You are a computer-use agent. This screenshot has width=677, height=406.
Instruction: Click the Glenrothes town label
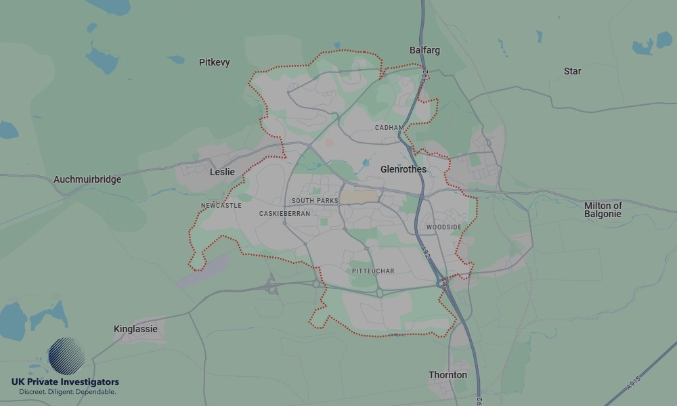(403, 169)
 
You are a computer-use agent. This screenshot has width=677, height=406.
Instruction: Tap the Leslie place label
(222, 172)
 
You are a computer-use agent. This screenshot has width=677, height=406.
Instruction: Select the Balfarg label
(424, 50)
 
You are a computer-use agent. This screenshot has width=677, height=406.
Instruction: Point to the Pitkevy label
(214, 62)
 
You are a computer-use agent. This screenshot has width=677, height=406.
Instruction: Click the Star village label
(572, 71)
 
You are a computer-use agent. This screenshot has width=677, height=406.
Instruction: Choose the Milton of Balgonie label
(603, 210)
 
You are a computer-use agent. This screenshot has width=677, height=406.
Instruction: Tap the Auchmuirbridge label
(87, 179)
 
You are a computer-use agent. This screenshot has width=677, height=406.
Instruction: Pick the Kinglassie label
(135, 329)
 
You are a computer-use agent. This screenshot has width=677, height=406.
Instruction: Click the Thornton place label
(447, 375)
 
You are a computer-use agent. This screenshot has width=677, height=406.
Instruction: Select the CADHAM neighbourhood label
(389, 127)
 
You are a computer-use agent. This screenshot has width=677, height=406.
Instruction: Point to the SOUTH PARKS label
(314, 201)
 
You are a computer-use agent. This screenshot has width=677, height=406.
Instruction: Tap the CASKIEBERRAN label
(284, 213)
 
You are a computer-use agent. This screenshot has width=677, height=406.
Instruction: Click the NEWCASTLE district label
(221, 205)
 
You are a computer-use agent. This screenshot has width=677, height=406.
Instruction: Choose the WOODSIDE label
(444, 227)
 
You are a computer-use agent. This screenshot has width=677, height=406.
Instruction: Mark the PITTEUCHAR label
(373, 271)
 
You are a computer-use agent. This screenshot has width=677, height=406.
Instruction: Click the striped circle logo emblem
(66, 356)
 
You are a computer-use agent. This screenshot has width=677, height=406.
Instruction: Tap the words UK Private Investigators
(65, 382)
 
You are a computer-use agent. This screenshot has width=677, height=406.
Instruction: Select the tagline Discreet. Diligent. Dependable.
(67, 392)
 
